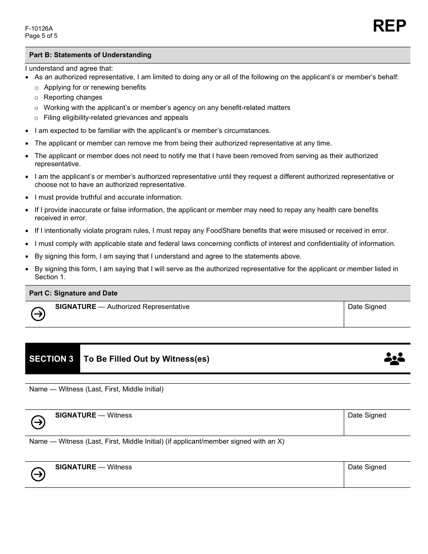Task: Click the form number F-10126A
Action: (39, 28)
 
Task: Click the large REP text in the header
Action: (389, 26)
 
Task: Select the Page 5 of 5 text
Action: (41, 36)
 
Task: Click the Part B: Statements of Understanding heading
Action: (90, 55)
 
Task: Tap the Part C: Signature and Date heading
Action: (73, 293)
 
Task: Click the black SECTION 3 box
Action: (52, 359)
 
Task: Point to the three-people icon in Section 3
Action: (394, 359)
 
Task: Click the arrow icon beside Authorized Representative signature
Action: (38, 314)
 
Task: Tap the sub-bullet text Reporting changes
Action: (73, 97)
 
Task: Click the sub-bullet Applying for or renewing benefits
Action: (95, 87)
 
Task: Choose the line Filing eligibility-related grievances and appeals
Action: (116, 118)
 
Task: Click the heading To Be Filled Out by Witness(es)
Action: (146, 359)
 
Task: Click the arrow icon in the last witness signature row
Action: (38, 474)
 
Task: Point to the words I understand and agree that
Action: (69, 68)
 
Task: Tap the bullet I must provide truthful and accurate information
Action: (109, 197)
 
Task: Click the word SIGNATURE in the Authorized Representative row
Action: (76, 307)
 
